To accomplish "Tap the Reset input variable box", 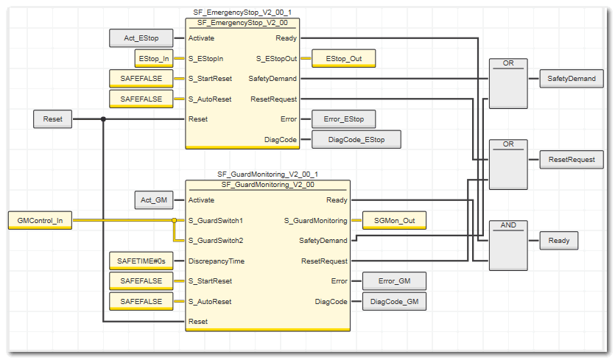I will click(53, 119).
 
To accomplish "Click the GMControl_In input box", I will click(40, 219).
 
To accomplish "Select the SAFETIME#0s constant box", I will click(141, 261).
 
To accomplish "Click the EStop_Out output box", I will click(344, 57).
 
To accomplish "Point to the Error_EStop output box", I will click(344, 119).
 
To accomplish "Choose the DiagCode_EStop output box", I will click(356, 139).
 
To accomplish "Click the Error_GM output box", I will click(394, 280).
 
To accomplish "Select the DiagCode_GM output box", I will click(394, 301).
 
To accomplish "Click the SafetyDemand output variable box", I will click(571, 78).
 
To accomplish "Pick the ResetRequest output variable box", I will click(571, 158).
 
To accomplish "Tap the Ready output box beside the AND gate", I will click(559, 240).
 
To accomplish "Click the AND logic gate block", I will click(508, 244).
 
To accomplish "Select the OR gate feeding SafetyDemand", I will click(508, 82).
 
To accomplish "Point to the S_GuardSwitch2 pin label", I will click(216, 240).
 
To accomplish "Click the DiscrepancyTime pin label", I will click(217, 261).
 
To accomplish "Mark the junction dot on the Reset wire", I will click(103, 119).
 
